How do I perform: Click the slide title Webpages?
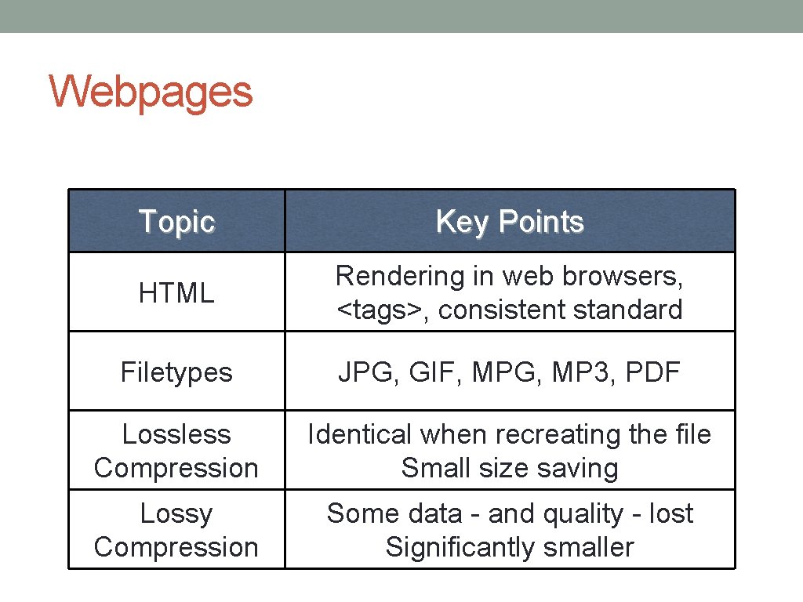tap(151, 92)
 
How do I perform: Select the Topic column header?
tap(176, 222)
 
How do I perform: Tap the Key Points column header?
tap(510, 222)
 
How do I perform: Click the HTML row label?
tap(176, 293)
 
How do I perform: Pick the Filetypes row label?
tap(176, 372)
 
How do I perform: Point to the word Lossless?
tap(176, 434)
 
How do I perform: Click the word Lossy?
tap(176, 513)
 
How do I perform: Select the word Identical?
tap(359, 434)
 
